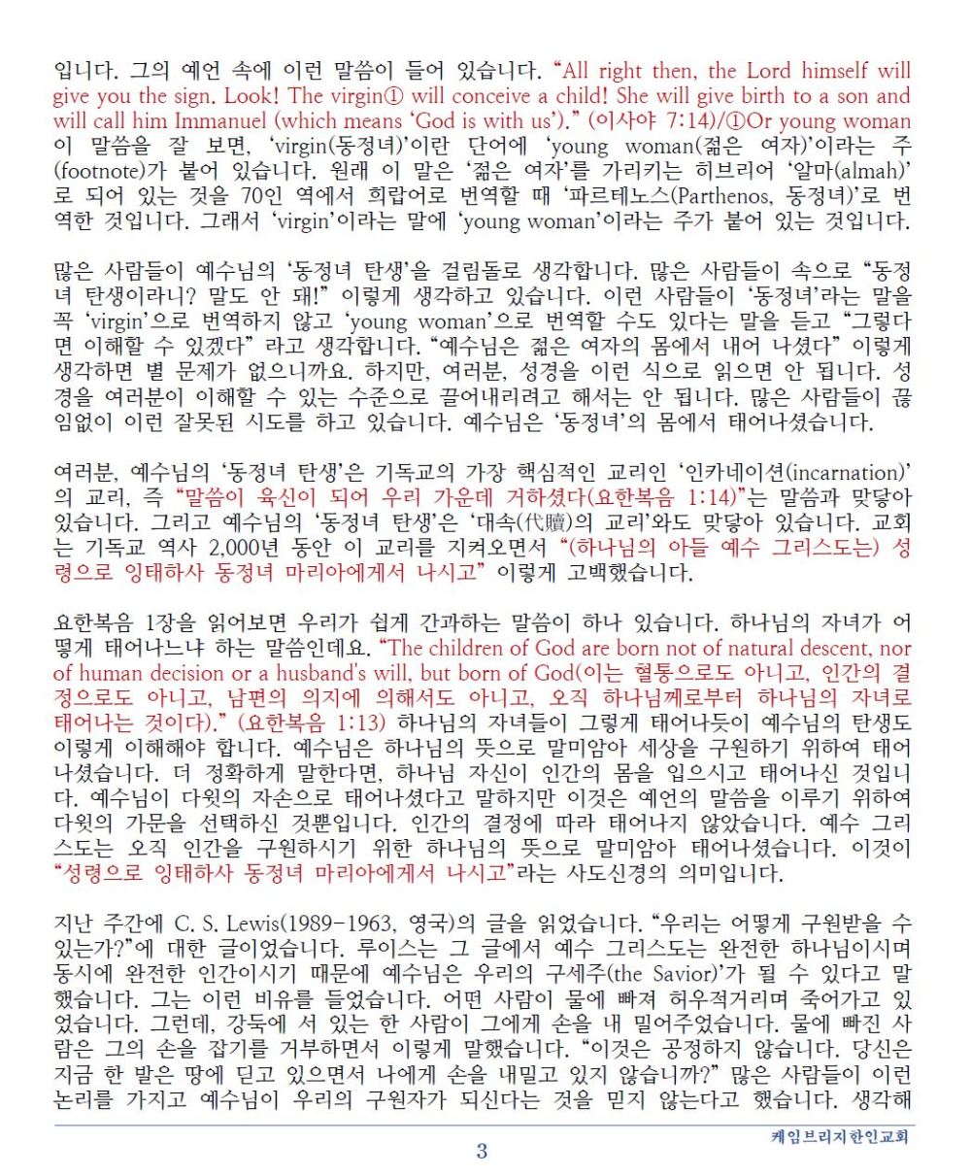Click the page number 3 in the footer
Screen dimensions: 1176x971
pos(482,1152)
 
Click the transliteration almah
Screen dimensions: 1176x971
pos(874,171)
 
